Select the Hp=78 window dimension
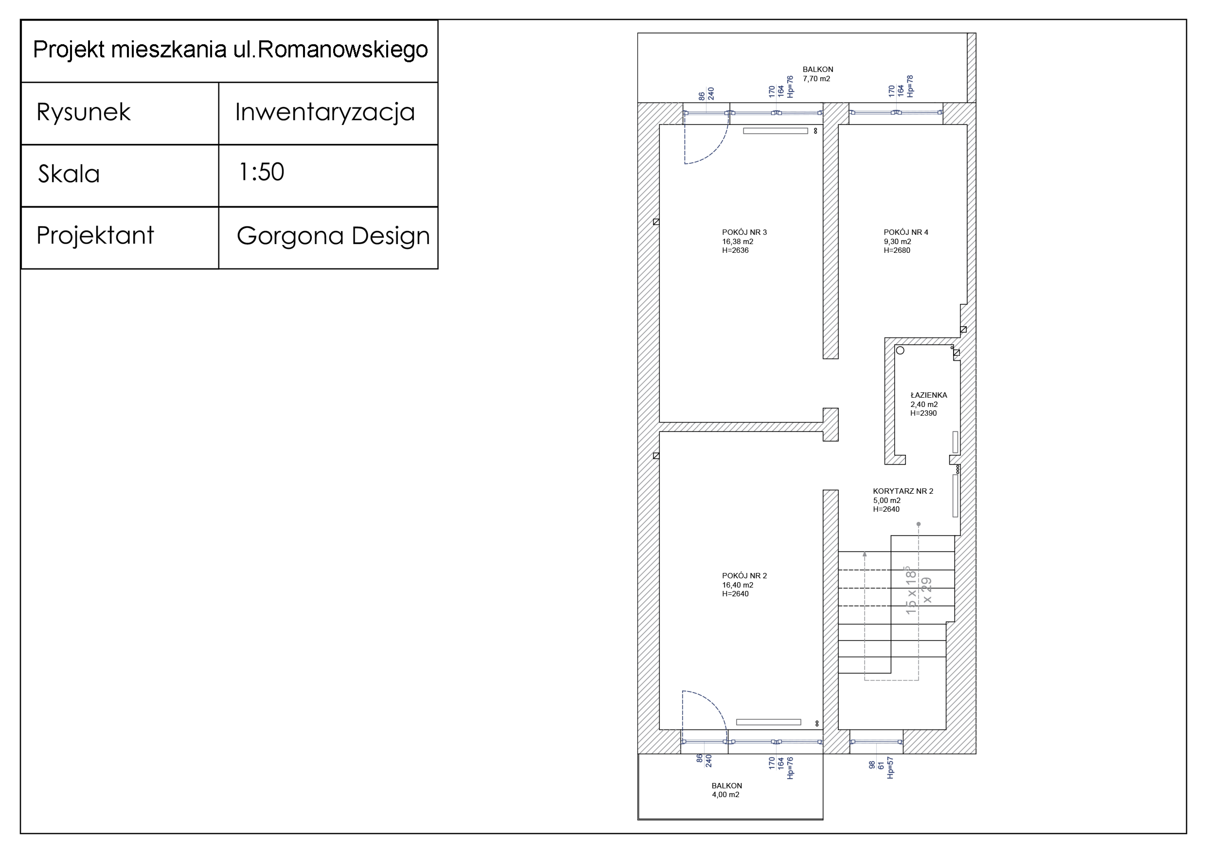coord(910,86)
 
